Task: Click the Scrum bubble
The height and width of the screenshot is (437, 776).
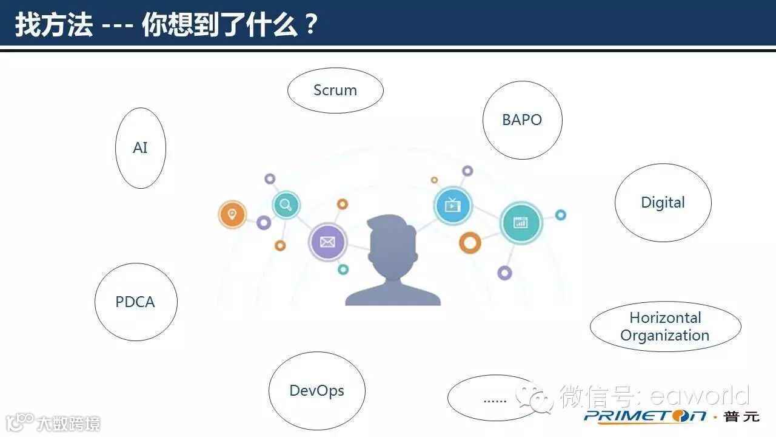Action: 335,90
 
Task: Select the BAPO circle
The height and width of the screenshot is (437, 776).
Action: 522,120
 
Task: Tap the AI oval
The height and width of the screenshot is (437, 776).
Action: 140,148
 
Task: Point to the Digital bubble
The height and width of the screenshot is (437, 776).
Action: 663,203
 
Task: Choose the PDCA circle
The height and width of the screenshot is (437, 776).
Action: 135,302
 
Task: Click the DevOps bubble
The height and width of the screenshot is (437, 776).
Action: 316,391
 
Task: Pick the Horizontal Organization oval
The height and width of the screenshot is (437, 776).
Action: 665,327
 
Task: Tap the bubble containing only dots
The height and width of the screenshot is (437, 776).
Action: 494,399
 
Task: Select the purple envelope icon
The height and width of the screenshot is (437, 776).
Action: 327,242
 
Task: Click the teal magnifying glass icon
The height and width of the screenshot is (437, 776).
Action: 286,205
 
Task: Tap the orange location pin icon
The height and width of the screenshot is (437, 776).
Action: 232,215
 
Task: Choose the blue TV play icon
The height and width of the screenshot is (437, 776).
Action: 453,205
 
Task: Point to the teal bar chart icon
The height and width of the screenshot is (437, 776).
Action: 521,223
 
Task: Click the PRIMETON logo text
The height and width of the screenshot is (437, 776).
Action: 645,416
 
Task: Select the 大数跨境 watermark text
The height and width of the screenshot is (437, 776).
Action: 68,423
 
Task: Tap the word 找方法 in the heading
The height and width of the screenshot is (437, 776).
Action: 53,25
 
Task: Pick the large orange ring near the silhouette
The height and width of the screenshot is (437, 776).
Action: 470,243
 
